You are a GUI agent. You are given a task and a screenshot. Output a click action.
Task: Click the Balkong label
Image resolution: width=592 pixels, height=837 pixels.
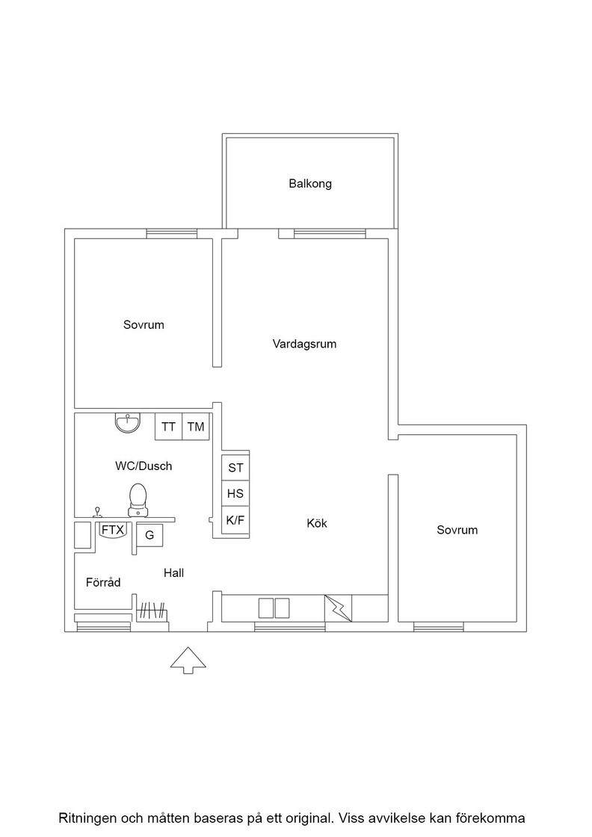coord(310,184)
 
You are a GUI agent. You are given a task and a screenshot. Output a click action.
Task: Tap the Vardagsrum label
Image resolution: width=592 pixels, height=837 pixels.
coord(304,344)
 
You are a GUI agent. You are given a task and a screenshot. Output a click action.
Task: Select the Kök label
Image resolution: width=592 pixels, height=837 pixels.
coord(316,523)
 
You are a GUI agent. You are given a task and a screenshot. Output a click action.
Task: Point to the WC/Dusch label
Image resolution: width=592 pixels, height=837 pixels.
coord(144,466)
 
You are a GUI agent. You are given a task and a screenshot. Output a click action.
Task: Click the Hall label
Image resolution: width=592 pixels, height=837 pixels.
coord(174,572)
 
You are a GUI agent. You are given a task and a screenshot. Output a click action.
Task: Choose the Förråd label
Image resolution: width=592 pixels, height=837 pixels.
coord(103,582)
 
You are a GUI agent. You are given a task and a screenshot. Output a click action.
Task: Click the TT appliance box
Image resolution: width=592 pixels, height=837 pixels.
coord(169,427)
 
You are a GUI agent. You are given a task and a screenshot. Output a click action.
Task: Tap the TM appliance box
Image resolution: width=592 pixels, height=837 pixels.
coord(196,427)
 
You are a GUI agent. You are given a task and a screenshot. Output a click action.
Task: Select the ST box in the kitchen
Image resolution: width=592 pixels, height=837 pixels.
coord(235,468)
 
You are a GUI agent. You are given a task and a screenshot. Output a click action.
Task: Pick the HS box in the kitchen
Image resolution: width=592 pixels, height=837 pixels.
coord(235,493)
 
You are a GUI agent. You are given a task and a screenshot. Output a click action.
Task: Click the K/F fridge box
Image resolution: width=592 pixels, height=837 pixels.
coord(235,520)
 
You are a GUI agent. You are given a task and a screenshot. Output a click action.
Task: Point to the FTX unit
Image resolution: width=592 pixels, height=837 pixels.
coord(113,531)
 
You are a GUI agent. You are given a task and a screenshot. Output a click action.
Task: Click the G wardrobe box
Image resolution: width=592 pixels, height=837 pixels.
coord(149,535)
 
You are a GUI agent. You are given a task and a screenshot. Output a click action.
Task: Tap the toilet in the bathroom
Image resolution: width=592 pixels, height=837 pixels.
coord(138,500)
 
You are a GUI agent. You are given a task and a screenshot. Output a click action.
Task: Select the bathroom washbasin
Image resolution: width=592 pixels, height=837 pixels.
coord(128,423)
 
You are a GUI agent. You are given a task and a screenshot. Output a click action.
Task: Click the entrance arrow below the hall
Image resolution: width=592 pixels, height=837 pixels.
coord(188,661)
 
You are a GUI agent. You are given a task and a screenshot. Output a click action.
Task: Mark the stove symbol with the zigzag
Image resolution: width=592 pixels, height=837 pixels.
coord(339,608)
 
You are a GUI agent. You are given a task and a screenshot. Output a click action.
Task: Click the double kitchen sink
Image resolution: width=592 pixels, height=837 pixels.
coord(274,608)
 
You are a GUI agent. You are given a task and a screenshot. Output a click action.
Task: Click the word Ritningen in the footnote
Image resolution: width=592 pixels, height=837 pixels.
coord(87,818)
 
